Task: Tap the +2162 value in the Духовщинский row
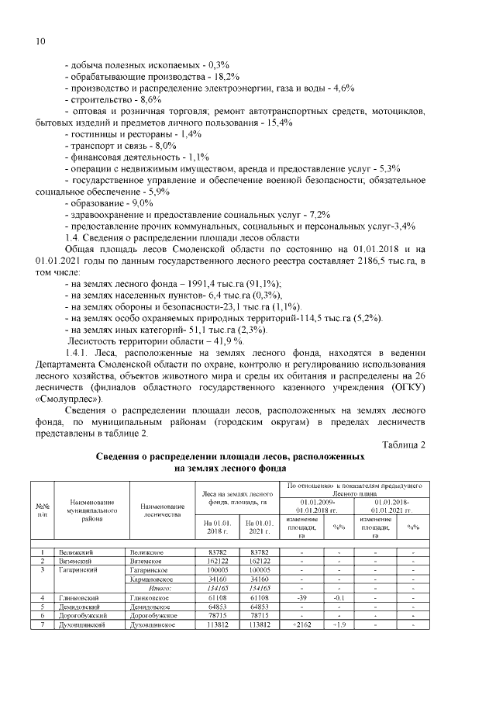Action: click(x=301, y=623)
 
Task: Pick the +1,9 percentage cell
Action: click(x=339, y=623)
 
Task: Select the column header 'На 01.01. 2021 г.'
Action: click(x=260, y=527)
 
